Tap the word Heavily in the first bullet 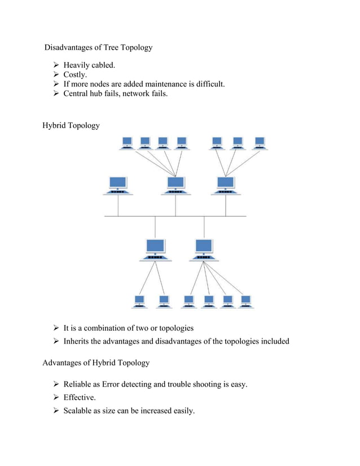[78, 66]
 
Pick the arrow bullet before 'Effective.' [56, 398]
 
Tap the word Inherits [80, 341]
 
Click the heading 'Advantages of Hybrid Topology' [96, 363]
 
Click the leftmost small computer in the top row [127, 143]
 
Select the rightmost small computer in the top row [259, 143]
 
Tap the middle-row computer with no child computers [117, 185]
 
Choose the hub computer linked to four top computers [175, 185]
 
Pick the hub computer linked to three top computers [226, 185]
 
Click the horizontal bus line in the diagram [175, 216]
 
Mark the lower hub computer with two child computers [155, 249]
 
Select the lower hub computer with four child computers [203, 249]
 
